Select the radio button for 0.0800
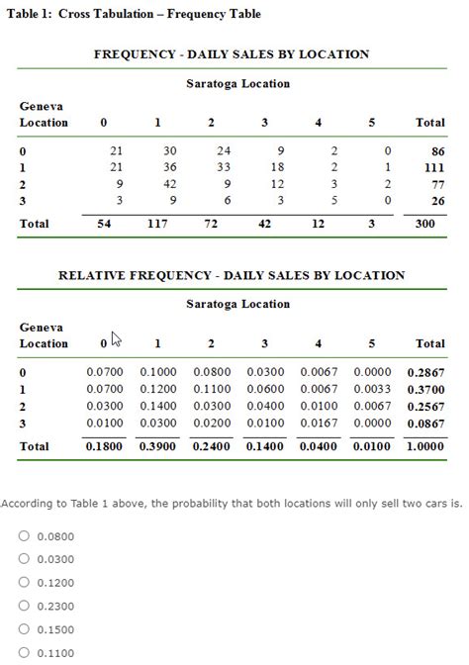click(23, 536)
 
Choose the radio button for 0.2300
click(23, 607)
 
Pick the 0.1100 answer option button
click(23, 652)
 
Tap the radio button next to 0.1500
click(23, 629)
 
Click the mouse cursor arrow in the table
click(116, 339)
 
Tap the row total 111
click(432, 167)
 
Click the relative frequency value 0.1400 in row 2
click(157, 406)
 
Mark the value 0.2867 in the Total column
click(428, 372)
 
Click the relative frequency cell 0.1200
click(157, 389)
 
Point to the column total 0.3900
click(157, 446)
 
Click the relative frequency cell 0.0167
click(318, 423)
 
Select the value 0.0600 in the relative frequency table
click(264, 389)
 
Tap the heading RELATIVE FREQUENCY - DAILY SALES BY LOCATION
click(232, 275)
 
